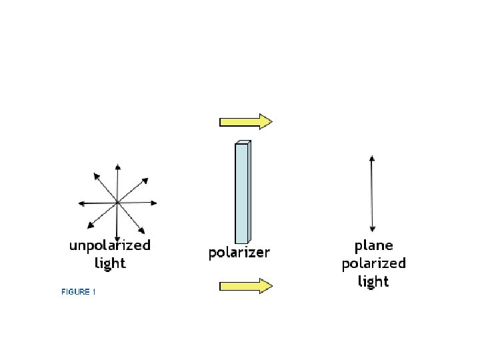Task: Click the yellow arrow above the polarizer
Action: [x=245, y=121]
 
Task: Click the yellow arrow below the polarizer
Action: [x=245, y=286]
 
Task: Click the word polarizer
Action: [x=239, y=253]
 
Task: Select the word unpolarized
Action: [x=110, y=245]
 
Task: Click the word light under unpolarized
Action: [x=110, y=263]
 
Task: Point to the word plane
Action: [x=373, y=246]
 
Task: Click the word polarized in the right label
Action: [x=373, y=263]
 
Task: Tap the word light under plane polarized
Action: [x=373, y=281]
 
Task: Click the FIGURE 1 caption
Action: [x=79, y=292]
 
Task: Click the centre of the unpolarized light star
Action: [x=117, y=202]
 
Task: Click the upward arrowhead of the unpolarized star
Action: [x=117, y=167]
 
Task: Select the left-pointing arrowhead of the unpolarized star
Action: [x=81, y=203]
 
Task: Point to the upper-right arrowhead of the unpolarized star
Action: [x=145, y=179]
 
